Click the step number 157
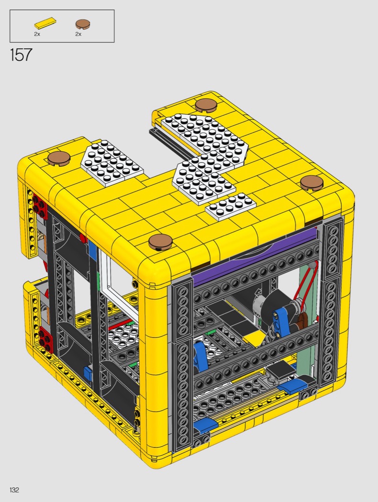pyautogui.click(x=21, y=55)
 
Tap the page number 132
pyautogui.click(x=14, y=490)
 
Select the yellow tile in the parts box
pyautogui.click(x=45, y=23)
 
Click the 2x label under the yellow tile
pyautogui.click(x=37, y=34)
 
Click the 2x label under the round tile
pyautogui.click(x=78, y=34)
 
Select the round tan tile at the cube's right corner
pyautogui.click(x=311, y=183)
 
